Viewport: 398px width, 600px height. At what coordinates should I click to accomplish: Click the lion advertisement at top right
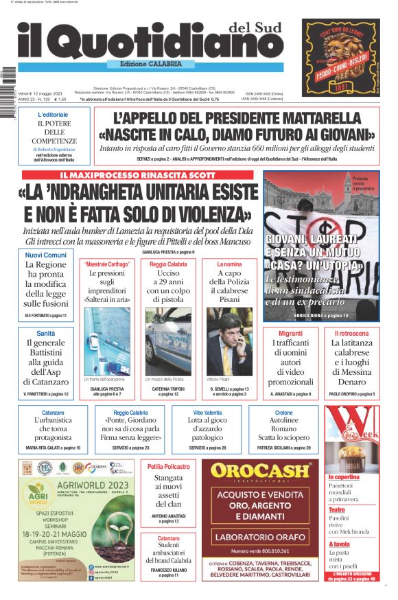click(341, 57)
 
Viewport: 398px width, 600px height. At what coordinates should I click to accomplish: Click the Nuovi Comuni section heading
click(46, 255)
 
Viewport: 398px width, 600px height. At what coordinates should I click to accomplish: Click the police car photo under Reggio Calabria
click(168, 341)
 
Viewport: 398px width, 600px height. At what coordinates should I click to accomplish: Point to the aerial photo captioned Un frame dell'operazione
click(107, 341)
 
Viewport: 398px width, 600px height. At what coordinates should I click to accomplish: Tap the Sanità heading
click(46, 333)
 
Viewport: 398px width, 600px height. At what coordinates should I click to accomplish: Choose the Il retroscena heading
click(351, 333)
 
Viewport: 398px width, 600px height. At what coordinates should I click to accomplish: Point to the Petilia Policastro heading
click(168, 467)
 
